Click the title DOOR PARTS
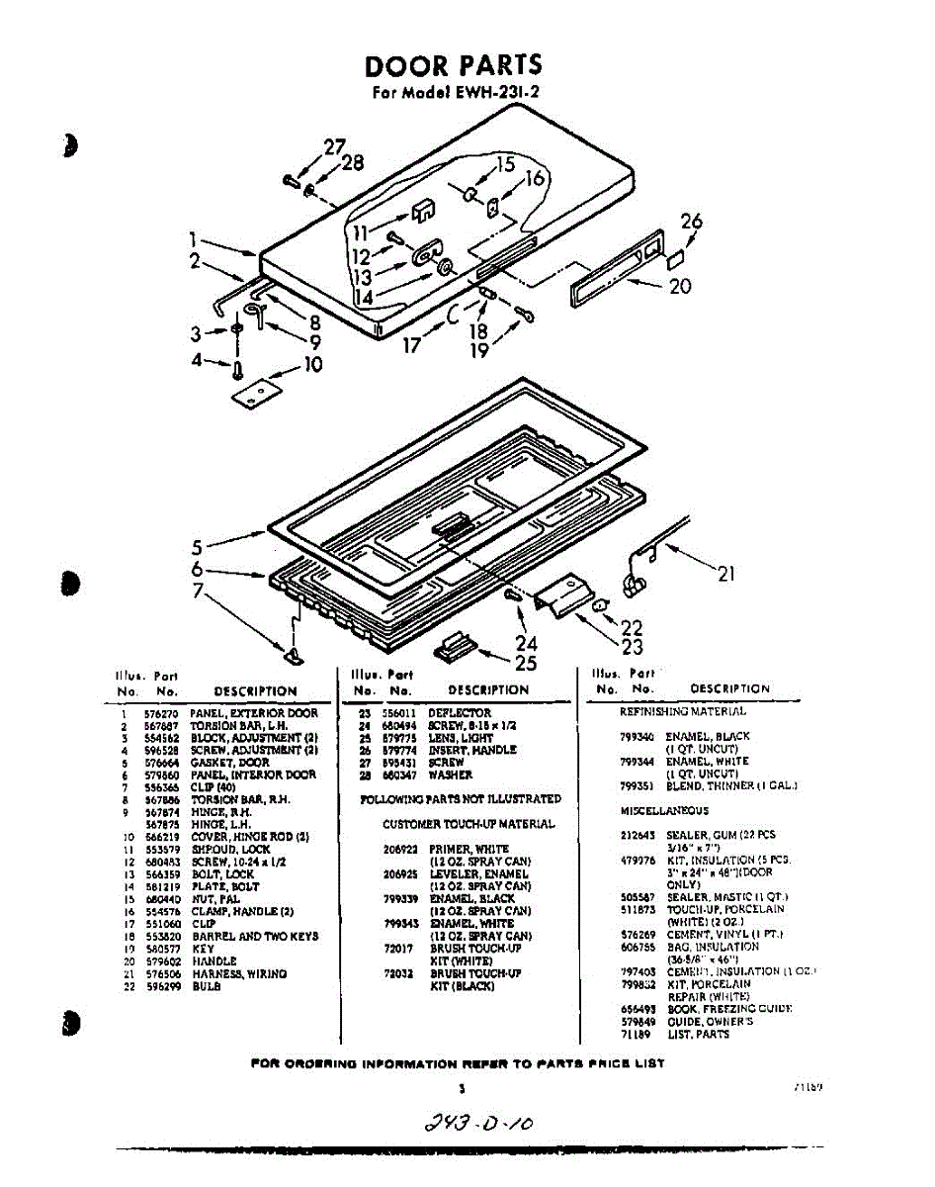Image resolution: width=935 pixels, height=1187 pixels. click(454, 65)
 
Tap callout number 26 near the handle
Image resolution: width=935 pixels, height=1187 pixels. click(691, 222)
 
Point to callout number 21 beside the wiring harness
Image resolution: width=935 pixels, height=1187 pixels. click(725, 574)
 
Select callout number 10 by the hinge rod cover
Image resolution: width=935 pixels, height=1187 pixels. click(312, 365)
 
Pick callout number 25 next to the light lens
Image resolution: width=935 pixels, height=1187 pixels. click(526, 664)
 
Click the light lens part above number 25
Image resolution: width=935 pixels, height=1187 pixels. click(454, 644)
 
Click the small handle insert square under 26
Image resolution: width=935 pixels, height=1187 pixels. click(676, 259)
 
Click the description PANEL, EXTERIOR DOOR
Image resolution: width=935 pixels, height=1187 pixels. click(254, 713)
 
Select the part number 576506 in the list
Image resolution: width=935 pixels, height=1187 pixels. click(158, 974)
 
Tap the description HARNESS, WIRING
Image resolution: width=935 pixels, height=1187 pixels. click(239, 974)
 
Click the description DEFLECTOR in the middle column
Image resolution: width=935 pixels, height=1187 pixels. click(459, 713)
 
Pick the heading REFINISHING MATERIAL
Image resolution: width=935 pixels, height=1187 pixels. click(683, 711)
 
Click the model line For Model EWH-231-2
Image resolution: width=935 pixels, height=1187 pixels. click(454, 95)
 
